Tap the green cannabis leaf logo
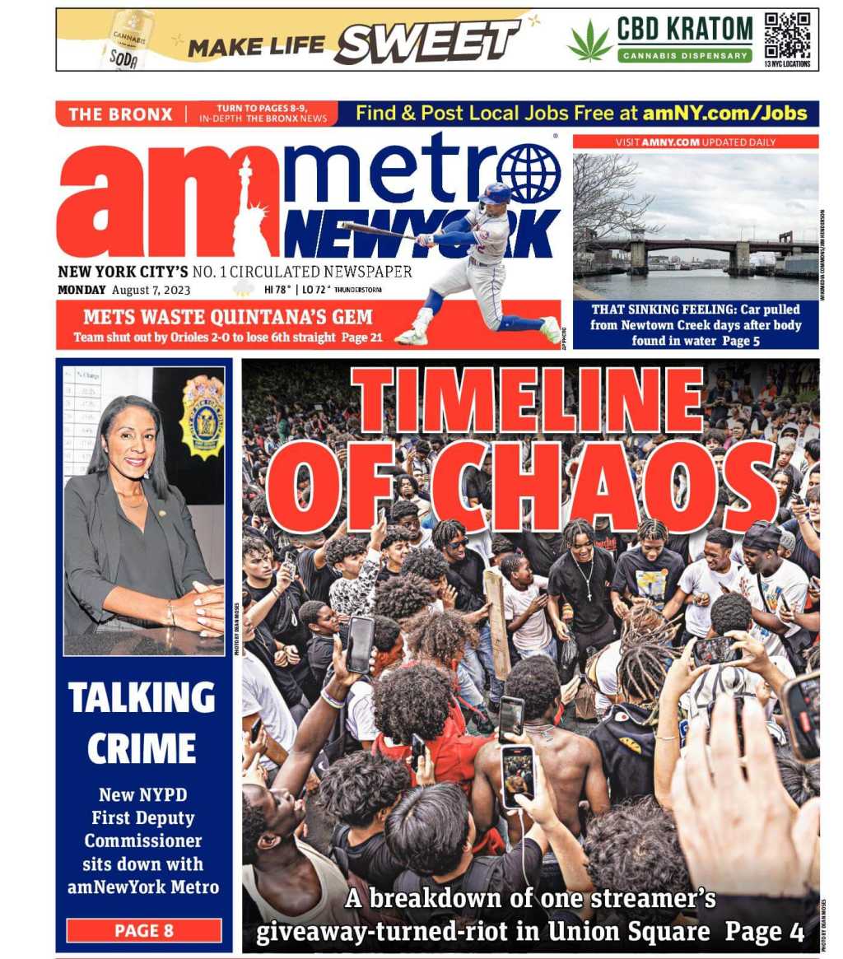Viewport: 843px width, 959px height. tap(589, 41)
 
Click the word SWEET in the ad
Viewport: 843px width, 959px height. tap(426, 42)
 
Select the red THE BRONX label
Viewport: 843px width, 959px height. tap(120, 114)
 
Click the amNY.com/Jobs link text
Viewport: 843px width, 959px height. tap(725, 113)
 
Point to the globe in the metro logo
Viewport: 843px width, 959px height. tap(528, 173)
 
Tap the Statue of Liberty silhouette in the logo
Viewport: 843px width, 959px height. tap(251, 210)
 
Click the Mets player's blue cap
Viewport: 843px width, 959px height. tap(496, 194)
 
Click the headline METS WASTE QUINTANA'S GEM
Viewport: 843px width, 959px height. tap(228, 317)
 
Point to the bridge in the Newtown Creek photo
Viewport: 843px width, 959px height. tap(696, 247)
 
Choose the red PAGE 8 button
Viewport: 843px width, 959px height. tap(144, 930)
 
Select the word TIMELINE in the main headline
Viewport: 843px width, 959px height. tap(527, 401)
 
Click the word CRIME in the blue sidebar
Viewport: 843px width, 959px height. tap(142, 748)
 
